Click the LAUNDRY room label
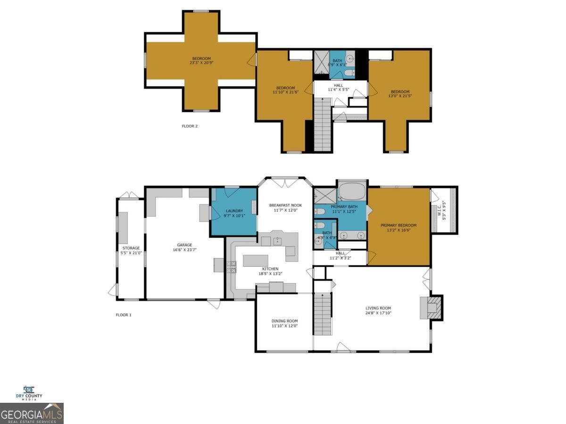coord(234,211)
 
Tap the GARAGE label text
coord(184,245)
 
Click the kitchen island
coord(255,261)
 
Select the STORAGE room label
coord(131,248)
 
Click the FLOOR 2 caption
coord(190,126)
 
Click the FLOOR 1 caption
coord(124,315)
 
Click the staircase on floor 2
coord(323,125)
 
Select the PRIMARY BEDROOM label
coord(399,225)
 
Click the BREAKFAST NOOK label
coord(285,205)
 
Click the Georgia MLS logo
coord(32,414)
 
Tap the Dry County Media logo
coord(29,393)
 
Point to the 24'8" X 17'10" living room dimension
coord(378,313)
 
